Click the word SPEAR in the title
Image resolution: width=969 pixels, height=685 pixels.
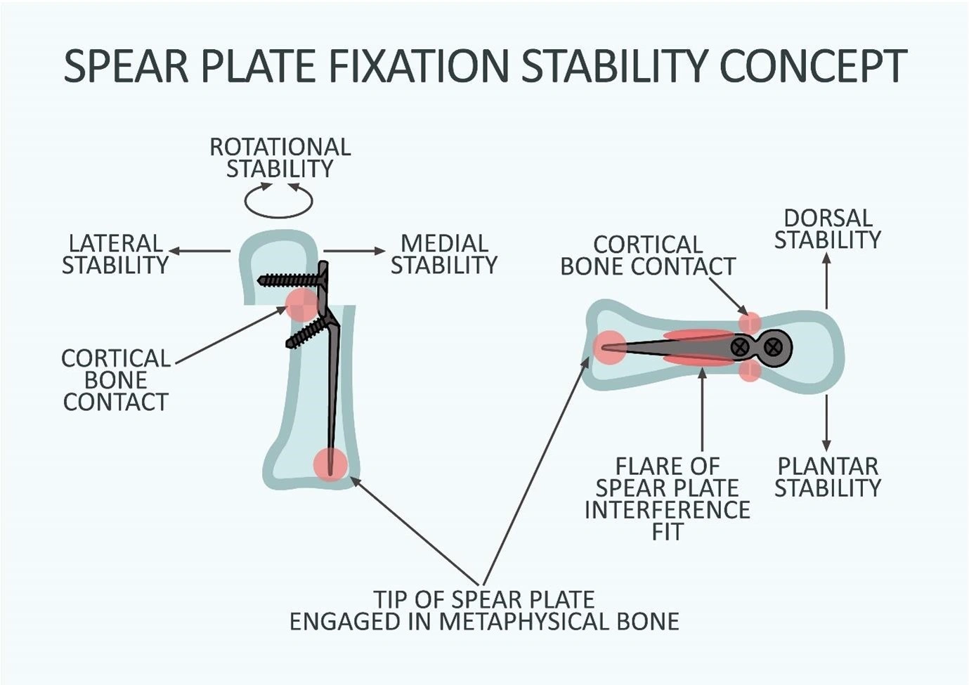[126, 65]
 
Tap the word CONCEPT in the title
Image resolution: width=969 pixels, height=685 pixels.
[814, 65]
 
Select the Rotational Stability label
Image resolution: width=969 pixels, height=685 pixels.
[280, 158]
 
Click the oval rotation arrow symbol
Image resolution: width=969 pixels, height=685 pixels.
[278, 200]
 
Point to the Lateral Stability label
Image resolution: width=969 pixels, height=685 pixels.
[115, 254]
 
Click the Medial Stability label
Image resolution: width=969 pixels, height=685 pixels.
[444, 254]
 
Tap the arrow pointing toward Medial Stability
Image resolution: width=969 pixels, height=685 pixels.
[354, 251]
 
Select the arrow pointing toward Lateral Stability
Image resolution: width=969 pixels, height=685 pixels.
[200, 251]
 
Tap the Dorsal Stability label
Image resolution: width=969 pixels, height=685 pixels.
[827, 229]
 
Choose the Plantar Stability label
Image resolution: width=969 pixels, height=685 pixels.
[828, 477]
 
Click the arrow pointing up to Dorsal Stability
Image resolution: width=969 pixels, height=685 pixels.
[826, 281]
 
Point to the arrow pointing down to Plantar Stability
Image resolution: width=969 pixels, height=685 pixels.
[826, 422]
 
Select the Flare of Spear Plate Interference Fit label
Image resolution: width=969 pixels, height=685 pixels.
[667, 499]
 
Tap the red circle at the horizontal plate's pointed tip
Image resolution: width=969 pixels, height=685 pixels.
[609, 347]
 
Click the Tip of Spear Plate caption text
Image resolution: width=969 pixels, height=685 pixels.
[484, 611]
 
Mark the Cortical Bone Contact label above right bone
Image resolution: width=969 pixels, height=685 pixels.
[648, 255]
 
